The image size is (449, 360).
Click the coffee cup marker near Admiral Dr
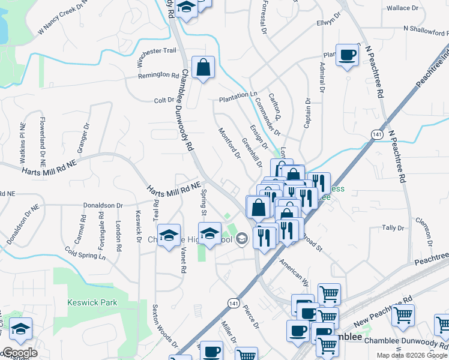click(x=347, y=55)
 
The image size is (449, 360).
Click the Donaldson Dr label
click(x=103, y=205)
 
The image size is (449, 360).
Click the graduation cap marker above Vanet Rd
click(x=169, y=235)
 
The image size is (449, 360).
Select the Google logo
click(x=20, y=353)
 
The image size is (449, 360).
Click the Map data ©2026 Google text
click(x=412, y=355)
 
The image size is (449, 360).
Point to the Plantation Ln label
click(x=238, y=95)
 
